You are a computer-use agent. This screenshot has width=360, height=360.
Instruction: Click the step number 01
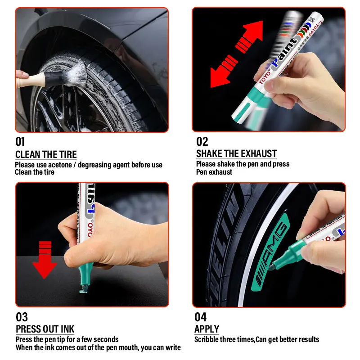coord(20,142)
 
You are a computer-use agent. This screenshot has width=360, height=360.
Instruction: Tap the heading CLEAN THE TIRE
coord(46,155)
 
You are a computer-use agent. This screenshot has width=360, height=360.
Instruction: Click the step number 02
coord(202,142)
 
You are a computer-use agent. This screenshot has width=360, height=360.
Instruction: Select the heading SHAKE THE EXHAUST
coord(236,153)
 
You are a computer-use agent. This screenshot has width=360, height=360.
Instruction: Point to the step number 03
coord(22,317)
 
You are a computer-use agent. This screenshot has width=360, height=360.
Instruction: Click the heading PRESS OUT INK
coord(45,329)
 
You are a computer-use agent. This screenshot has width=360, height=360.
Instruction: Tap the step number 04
coord(201,317)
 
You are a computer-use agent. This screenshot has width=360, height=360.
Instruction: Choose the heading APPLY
coord(207,329)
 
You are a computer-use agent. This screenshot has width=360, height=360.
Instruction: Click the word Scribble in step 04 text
coord(207,339)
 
